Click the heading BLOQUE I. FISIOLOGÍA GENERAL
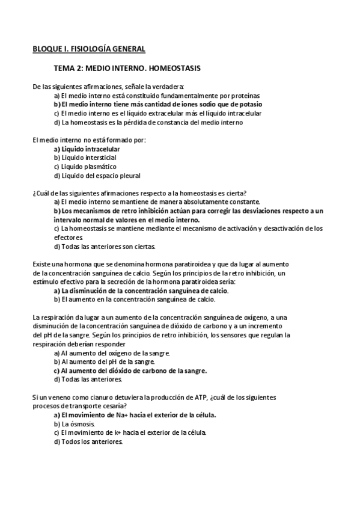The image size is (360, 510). point(88,49)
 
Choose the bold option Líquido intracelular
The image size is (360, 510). point(87,149)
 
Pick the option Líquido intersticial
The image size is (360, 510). point(85,158)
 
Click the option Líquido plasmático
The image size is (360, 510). point(85,167)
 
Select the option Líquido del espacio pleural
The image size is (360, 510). point(97,176)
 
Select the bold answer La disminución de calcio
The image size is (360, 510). point(141,290)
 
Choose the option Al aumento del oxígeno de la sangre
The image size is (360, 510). point(112,353)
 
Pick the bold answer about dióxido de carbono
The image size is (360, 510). point(130,370)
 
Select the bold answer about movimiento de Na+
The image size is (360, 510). point(135,415)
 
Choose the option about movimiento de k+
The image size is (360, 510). point(130,432)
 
